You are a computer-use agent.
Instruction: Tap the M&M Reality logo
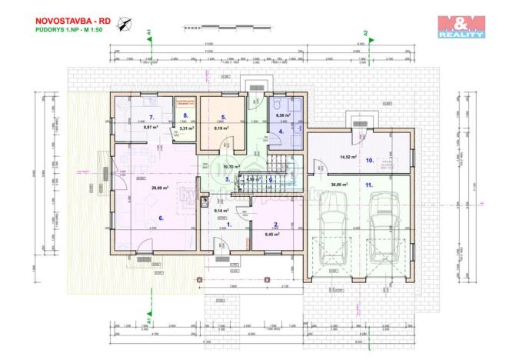(461, 27)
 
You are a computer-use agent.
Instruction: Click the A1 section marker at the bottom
(148, 320)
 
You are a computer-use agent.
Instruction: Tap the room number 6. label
(161, 218)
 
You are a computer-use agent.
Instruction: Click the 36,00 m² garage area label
(338, 185)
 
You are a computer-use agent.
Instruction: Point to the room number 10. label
(369, 161)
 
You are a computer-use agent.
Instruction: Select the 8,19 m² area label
(221, 128)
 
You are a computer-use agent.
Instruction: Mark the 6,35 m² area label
(282, 115)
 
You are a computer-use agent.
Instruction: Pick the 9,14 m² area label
(221, 210)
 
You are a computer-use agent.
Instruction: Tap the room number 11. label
(369, 185)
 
